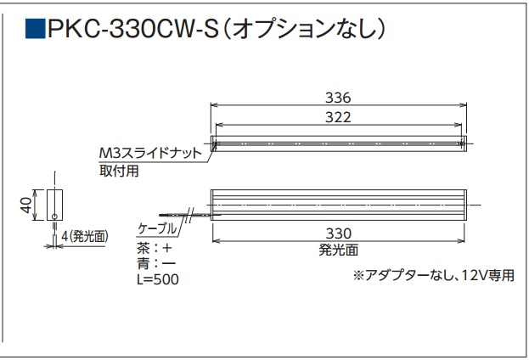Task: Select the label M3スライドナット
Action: (150, 154)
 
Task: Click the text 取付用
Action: (118, 170)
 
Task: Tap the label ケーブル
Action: (157, 229)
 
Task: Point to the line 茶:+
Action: (153, 248)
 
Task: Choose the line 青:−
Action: (153, 263)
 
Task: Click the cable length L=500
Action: (158, 278)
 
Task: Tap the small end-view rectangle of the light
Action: (55, 205)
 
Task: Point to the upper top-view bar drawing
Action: (339, 141)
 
